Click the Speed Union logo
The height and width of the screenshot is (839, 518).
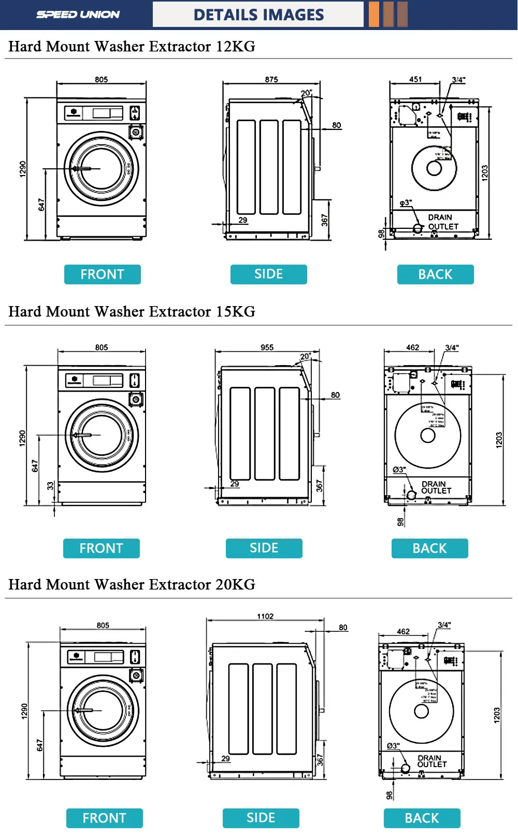(x=78, y=15)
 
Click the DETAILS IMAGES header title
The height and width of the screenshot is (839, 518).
(x=258, y=15)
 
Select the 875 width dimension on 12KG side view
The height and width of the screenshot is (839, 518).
(x=271, y=80)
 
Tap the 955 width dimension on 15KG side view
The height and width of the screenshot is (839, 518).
(x=267, y=348)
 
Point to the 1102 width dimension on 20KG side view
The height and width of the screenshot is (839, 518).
(x=265, y=616)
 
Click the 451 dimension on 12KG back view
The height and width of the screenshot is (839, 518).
(x=415, y=80)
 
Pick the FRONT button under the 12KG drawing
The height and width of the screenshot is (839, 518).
(x=103, y=274)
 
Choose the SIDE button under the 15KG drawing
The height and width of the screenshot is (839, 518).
(x=264, y=548)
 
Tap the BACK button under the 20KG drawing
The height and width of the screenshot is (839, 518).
(x=422, y=818)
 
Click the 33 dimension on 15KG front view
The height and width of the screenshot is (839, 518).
(x=50, y=486)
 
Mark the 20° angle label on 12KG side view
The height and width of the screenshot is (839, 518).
(x=306, y=93)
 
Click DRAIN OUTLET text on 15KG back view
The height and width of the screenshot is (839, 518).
(x=436, y=487)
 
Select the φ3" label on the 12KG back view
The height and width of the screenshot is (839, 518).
(x=406, y=203)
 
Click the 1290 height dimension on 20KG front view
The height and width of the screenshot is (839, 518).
(x=24, y=711)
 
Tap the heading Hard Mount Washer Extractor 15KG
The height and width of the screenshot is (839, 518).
(x=132, y=312)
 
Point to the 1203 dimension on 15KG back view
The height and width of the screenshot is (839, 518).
(x=499, y=440)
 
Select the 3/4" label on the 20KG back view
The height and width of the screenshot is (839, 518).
(x=444, y=625)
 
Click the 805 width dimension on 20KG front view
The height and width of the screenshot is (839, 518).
(x=103, y=626)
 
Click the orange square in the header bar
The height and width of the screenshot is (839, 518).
(x=374, y=15)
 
